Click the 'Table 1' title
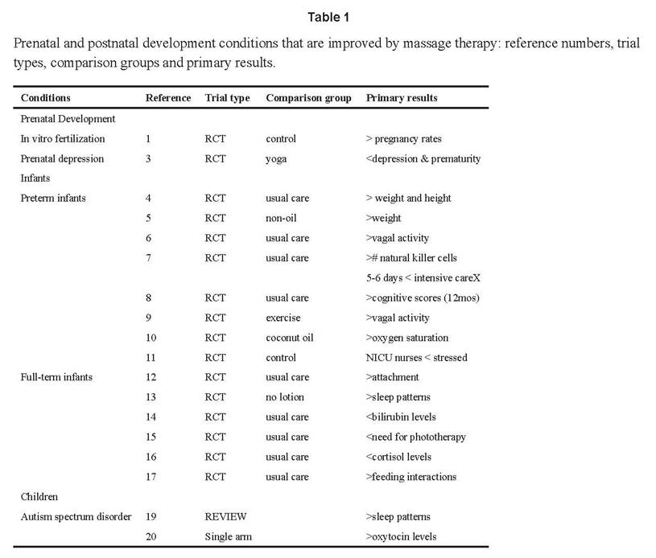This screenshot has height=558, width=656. coord(328,17)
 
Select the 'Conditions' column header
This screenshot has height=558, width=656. coord(46,98)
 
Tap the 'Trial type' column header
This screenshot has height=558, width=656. coord(227,98)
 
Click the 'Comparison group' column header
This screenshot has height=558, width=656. coord(308,98)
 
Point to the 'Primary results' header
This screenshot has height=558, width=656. coord(402,98)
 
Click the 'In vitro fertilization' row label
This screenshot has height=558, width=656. coord(63,139)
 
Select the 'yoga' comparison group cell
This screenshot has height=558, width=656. coord(276,159)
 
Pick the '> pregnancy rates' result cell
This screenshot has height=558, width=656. coord(404,139)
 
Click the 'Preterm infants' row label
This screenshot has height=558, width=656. coord(53,198)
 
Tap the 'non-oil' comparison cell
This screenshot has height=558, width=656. coord(281,218)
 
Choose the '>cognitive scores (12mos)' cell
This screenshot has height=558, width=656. coord(423,298)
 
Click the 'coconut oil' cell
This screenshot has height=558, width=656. coord(290,338)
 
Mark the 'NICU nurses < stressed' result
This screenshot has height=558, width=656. coord(416,358)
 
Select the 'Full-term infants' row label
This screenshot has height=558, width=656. coord(56,377)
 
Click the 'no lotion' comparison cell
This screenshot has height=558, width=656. coord(285,397)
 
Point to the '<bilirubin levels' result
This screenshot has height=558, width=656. coord(401,417)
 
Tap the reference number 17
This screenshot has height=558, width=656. coord(151,477)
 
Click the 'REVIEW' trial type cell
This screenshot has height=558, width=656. coord(225,517)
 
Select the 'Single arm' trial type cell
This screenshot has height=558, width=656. coord(229,536)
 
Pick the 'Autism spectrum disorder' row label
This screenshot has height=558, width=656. coord(76,517)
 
